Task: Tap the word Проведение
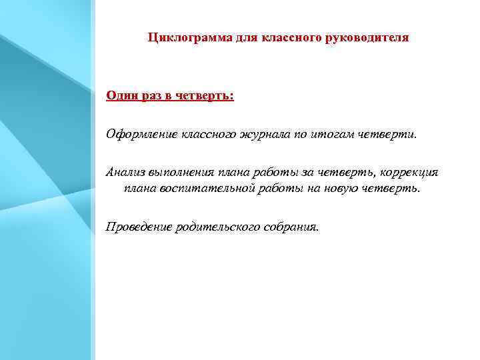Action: click(x=138, y=227)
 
